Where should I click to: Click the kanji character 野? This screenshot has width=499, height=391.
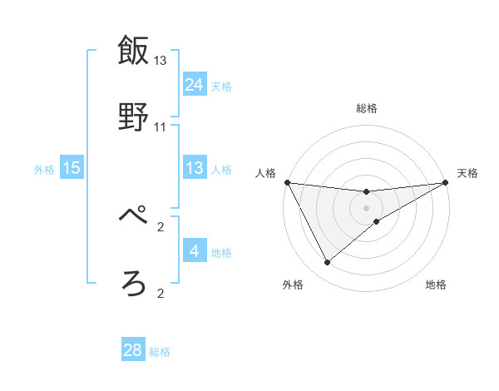(134, 116)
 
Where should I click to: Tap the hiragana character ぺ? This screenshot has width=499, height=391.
(134, 218)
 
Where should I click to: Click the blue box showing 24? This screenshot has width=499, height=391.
(194, 84)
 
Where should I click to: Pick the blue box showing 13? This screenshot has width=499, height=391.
(194, 168)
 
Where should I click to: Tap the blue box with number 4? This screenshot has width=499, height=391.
(194, 251)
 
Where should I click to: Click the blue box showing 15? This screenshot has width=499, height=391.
(72, 168)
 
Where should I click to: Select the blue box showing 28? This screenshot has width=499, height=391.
(133, 350)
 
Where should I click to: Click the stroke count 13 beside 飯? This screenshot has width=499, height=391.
(161, 61)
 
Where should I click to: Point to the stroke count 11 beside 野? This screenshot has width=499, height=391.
(161, 126)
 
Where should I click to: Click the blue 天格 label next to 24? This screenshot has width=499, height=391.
(221, 86)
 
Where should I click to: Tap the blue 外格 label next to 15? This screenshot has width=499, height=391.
(44, 169)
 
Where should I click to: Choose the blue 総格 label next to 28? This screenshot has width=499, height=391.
(160, 352)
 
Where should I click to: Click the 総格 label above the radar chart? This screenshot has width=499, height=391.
(367, 108)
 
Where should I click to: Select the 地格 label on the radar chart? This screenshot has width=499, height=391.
(436, 285)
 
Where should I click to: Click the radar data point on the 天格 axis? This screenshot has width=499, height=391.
(446, 182)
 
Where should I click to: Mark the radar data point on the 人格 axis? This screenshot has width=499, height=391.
(287, 182)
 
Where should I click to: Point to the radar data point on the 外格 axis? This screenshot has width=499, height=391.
(327, 263)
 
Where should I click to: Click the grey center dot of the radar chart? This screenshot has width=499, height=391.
(367, 208)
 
